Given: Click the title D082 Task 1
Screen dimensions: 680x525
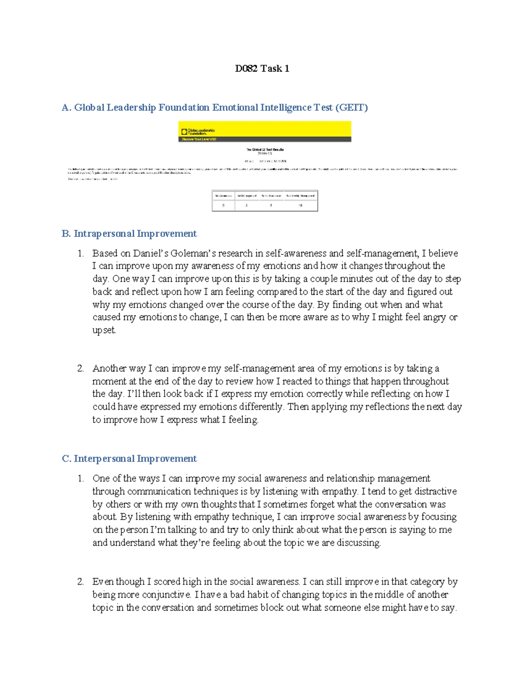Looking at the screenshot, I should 262,68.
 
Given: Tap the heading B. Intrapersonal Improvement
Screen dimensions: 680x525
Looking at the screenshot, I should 129,233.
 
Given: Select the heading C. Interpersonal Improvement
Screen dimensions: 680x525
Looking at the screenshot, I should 129,458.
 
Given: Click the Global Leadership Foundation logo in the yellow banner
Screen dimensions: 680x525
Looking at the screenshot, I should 198,131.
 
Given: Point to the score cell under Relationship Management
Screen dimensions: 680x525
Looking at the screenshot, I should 301,205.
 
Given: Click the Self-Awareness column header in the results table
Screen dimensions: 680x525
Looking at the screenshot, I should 224,195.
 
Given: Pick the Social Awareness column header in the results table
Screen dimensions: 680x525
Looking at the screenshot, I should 271,195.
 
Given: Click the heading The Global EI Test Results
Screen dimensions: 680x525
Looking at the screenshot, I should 265,149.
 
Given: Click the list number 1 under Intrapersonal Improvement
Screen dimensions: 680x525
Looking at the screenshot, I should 80,253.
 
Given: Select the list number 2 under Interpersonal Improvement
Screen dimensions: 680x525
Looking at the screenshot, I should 80,581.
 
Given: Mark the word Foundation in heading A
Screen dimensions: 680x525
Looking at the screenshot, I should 184,107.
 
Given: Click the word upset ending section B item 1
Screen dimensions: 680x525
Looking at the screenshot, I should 104,330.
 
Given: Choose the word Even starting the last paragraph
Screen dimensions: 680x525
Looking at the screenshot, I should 103,581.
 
